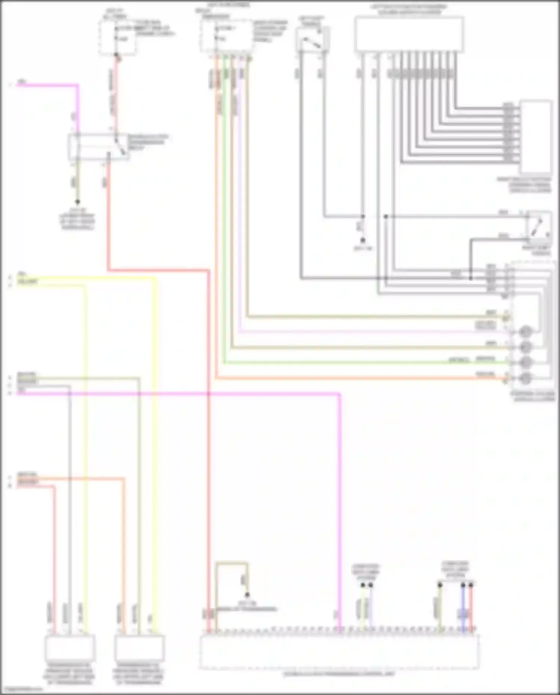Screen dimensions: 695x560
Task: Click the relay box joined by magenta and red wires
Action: click(99, 147)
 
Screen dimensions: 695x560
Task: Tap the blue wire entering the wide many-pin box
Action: click(463, 609)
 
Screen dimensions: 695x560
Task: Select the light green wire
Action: click(224, 224)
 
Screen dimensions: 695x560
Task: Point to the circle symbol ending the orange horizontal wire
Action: click(526, 378)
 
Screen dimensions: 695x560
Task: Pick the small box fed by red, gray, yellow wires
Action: click(69, 648)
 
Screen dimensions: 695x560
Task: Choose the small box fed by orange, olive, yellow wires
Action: click(139, 648)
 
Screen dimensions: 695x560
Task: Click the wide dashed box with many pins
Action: click(339, 652)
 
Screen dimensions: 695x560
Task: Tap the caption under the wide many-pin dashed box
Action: click(339, 674)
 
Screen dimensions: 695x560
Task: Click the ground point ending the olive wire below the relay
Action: click(77, 202)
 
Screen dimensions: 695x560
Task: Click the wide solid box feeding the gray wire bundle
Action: click(409, 34)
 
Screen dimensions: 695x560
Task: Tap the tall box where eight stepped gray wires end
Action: click(536, 136)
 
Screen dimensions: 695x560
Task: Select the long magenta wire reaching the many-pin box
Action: click(340, 485)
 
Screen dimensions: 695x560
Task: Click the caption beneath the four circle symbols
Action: click(533, 397)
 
